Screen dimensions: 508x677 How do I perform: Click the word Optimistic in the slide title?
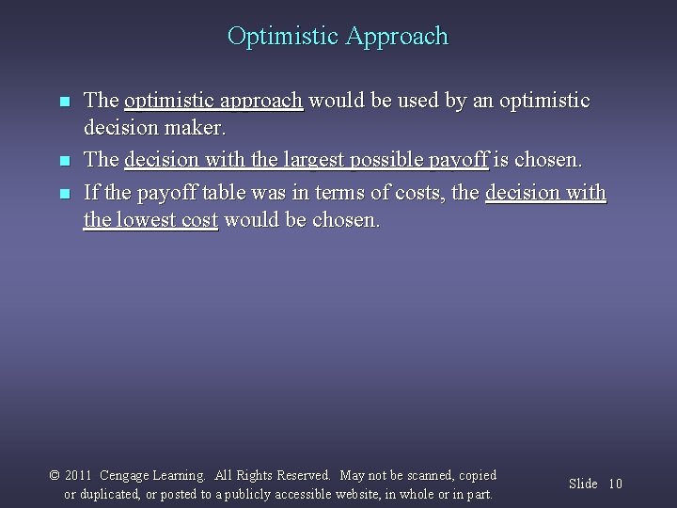click(283, 37)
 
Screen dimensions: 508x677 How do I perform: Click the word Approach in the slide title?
click(397, 38)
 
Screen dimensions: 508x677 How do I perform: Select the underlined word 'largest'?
click(315, 161)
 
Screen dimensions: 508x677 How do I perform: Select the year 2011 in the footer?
click(78, 476)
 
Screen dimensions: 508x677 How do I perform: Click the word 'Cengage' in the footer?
click(125, 476)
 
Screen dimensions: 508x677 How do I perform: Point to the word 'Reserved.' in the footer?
click(303, 476)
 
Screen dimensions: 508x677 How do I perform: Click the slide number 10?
click(615, 484)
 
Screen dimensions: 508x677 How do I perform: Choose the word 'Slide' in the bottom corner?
click(583, 484)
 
